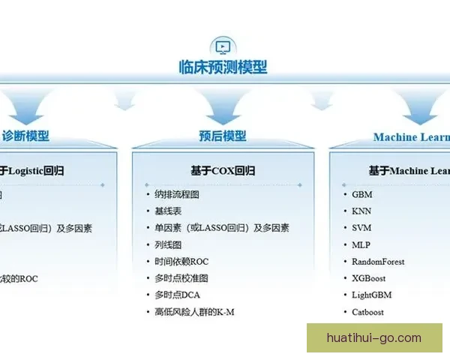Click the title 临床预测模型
[x=223, y=67]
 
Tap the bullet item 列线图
[x=168, y=244]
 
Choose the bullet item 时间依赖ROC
[x=181, y=262]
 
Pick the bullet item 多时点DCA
[x=178, y=295]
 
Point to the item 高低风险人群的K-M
[x=194, y=312]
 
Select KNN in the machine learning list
[x=361, y=211]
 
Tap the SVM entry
[x=361, y=228]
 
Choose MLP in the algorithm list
[x=361, y=244]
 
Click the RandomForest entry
[x=378, y=262]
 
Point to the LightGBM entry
[x=372, y=295]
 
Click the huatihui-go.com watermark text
[x=374, y=337]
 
